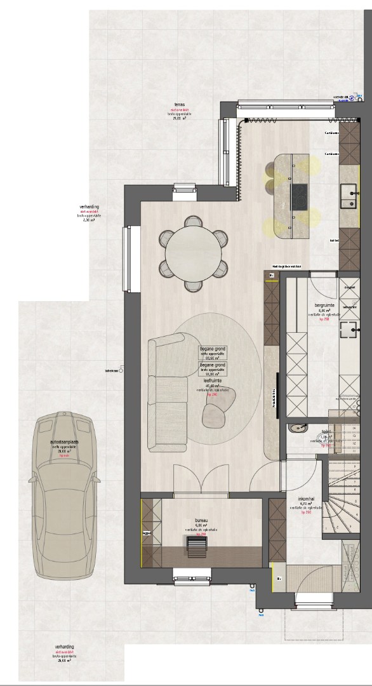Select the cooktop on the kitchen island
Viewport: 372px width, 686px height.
click(298, 196)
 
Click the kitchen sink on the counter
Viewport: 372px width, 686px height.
click(348, 195)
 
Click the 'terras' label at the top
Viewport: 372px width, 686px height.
click(179, 105)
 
